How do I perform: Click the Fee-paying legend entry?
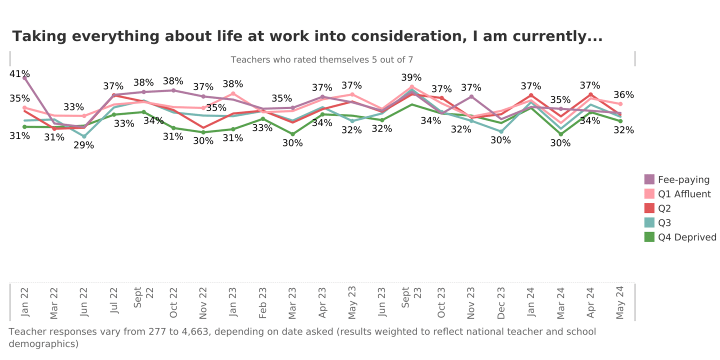pos(683,179)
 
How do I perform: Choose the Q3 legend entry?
pos(664,223)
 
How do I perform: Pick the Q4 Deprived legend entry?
pos(686,237)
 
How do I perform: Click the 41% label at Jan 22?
pos(19,74)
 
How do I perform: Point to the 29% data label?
pos(83,145)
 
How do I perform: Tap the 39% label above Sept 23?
pos(411,77)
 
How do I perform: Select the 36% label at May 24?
pos(624,95)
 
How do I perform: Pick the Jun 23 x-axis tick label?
pos(381,302)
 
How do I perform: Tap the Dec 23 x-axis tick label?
pos(500,302)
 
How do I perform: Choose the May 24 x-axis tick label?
pos(620,302)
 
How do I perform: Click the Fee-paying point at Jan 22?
pos(24,78)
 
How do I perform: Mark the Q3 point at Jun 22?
pos(84,136)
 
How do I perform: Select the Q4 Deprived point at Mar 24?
pos(560,134)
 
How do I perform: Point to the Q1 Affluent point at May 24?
pos(620,104)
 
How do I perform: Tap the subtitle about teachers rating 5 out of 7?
pos(322,59)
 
